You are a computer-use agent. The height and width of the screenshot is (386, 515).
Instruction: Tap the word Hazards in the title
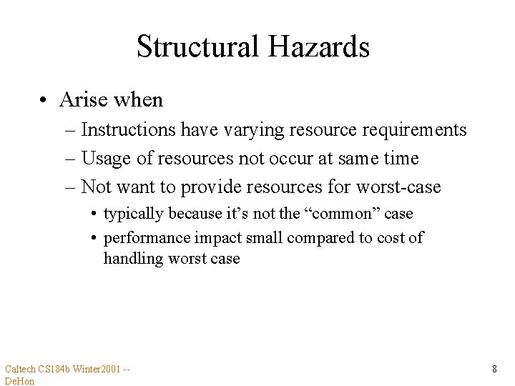point(319,47)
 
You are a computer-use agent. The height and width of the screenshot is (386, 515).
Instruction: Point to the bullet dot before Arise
point(44,100)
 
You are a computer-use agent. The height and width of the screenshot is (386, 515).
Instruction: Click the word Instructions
point(129,130)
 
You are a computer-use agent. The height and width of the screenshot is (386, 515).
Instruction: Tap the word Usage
point(104,159)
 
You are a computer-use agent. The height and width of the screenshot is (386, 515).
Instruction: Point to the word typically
point(133,214)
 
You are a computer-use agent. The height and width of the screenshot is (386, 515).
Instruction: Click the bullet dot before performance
point(94,238)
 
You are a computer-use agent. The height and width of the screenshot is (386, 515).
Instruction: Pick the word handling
point(133,258)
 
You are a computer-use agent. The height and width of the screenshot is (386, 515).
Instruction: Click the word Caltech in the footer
point(21,370)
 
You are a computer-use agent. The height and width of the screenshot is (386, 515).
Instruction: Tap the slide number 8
point(494,370)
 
